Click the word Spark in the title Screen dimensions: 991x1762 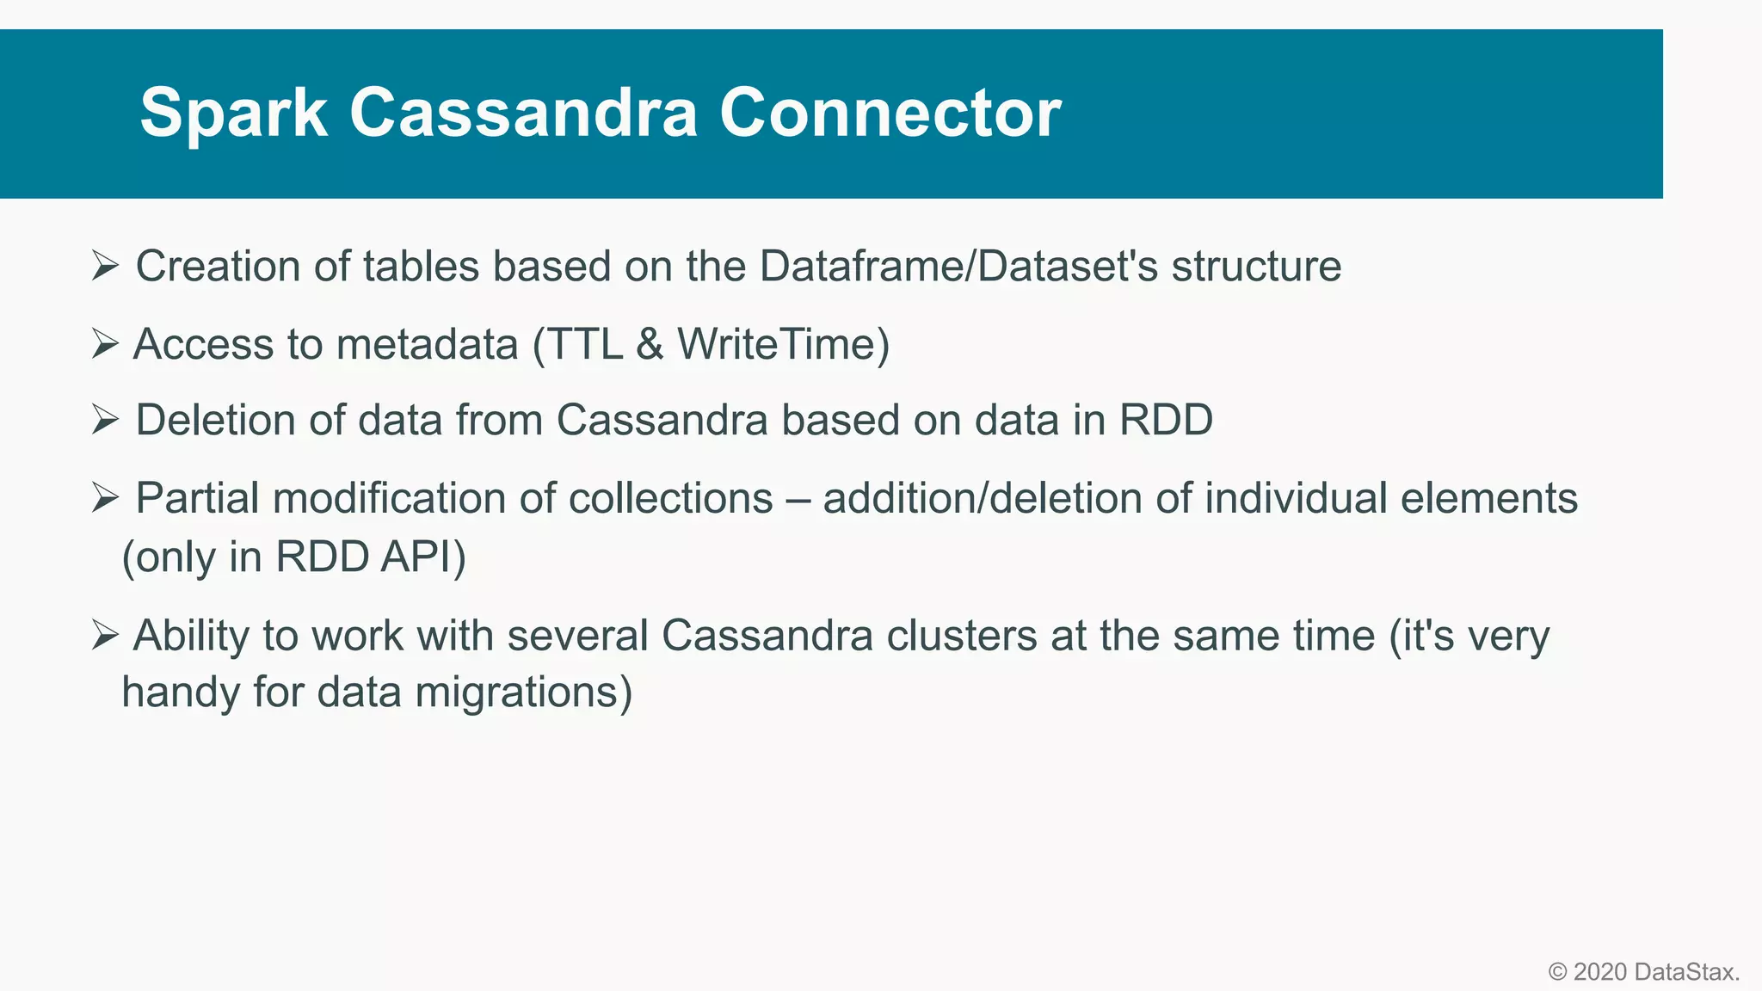(233, 114)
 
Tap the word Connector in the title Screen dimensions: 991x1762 (890, 114)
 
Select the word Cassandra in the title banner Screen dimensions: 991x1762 (523, 114)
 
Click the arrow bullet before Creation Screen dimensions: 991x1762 (105, 266)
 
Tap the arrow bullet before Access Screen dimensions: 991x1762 (105, 344)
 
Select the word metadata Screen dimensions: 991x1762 (428, 344)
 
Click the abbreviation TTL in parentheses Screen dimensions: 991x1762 (585, 344)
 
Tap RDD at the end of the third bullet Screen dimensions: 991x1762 (1166, 421)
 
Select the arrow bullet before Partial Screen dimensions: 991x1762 (105, 498)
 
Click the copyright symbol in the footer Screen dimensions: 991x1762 (1557, 972)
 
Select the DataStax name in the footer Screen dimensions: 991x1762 (1685, 972)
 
